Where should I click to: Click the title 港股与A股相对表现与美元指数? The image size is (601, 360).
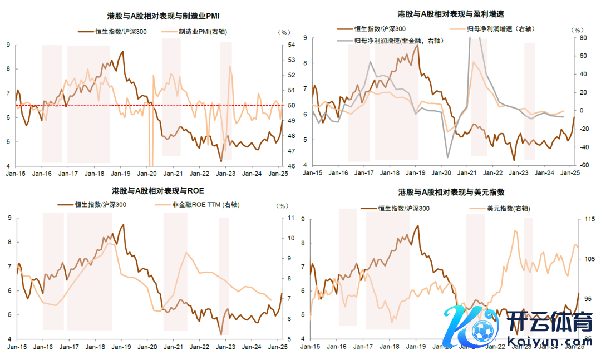[451, 192]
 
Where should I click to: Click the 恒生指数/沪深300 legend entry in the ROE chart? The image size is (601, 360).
[101, 205]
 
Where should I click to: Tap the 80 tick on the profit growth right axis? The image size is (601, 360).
[584, 38]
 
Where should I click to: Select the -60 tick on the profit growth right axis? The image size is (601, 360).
[584, 165]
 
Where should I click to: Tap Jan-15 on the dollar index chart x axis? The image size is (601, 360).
[311, 347]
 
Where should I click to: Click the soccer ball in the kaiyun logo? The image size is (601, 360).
[482, 329]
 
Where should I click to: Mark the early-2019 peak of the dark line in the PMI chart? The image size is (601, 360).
[122, 52]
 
